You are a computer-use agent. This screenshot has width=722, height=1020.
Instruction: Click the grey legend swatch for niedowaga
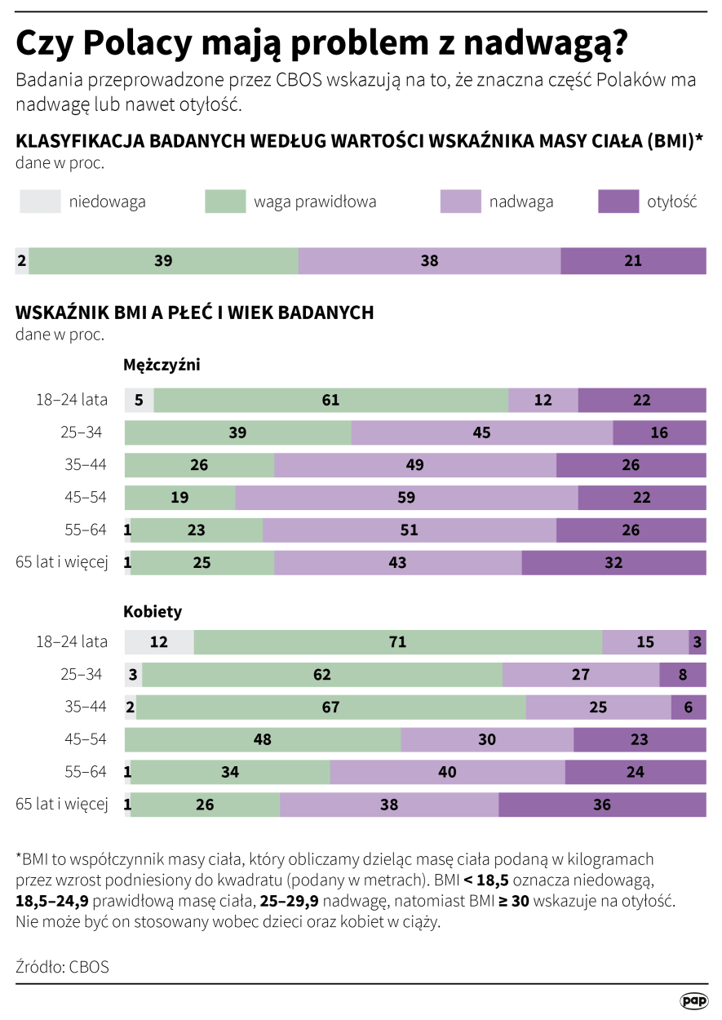point(40,202)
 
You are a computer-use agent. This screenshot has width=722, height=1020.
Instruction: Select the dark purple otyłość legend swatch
point(618,202)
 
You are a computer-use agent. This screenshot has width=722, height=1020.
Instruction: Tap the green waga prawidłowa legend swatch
point(225,202)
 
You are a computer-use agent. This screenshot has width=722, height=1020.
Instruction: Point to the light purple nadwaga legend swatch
point(460,202)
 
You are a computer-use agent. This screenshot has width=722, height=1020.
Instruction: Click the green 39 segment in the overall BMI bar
point(163,261)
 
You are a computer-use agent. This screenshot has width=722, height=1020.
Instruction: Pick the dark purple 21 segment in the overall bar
point(633,261)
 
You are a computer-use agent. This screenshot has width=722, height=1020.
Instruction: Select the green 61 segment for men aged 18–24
point(330,401)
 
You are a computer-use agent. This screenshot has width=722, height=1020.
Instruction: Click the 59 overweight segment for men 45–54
point(406,498)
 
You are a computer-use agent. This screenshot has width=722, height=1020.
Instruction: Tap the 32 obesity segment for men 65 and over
point(613,563)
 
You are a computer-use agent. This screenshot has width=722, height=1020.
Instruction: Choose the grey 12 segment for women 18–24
point(159,642)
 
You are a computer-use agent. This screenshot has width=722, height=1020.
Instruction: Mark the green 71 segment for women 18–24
point(397,642)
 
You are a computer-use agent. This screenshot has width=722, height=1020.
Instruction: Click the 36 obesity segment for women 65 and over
point(602,805)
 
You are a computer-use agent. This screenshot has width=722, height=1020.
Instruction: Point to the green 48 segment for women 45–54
point(263,740)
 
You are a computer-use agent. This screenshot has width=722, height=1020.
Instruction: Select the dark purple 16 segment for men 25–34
point(659,433)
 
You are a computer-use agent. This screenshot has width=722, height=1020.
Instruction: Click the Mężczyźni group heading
point(162,365)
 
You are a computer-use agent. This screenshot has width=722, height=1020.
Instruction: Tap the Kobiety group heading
point(153,611)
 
